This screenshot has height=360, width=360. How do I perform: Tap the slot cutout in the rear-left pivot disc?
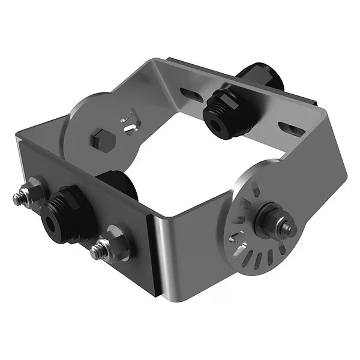[x=129, y=121]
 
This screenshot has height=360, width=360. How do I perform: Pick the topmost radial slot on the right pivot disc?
[x=257, y=183]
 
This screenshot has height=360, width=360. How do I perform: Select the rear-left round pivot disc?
[x=90, y=126]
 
